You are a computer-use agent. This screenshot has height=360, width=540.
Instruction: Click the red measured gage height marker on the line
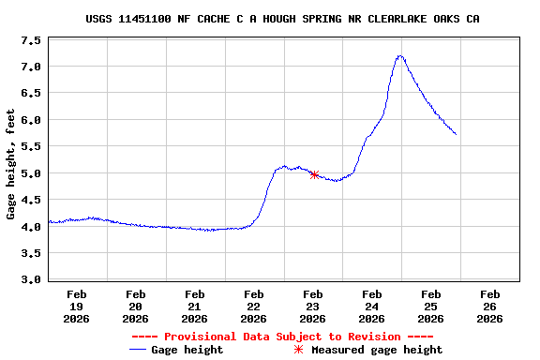tap(314, 174)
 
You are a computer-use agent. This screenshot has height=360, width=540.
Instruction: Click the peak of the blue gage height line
tap(400, 56)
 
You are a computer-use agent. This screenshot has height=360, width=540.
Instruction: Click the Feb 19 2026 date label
tap(76, 306)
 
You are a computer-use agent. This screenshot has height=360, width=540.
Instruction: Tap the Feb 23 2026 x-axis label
tap(312, 306)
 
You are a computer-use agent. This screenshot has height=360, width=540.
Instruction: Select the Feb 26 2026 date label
tap(489, 306)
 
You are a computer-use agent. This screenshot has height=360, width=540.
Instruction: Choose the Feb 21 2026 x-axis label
tap(194, 306)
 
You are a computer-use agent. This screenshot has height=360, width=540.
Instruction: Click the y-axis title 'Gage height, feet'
tap(11, 164)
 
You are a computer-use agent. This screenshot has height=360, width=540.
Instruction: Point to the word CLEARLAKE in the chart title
tap(395, 19)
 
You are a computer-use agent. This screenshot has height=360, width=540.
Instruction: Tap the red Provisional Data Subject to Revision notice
tap(282, 337)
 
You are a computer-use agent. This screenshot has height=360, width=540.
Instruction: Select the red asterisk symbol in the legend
tap(299, 350)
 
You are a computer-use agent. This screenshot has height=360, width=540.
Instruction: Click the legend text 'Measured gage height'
tap(377, 350)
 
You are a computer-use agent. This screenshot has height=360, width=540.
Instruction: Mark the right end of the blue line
tap(456, 134)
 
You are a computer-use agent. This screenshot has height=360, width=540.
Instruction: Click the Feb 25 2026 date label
tap(430, 306)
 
